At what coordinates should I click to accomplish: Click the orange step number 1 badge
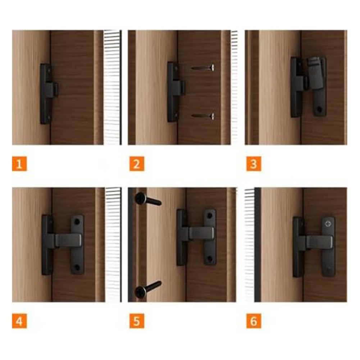click(19, 164)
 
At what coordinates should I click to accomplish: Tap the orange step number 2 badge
click(137, 164)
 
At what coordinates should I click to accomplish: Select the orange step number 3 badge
click(254, 164)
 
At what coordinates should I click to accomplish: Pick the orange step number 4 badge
click(19, 321)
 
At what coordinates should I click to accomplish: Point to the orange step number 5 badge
click(137, 321)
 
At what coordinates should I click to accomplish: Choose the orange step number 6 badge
click(254, 321)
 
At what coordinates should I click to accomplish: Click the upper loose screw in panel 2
click(203, 68)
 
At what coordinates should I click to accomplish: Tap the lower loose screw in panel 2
click(203, 116)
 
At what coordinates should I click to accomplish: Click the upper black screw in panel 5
click(148, 199)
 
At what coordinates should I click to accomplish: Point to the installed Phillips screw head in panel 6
click(328, 224)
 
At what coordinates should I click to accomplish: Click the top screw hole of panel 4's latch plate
click(77, 222)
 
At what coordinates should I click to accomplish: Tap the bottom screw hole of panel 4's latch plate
click(77, 267)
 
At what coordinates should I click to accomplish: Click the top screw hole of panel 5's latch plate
click(210, 215)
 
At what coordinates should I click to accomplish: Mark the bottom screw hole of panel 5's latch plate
click(210, 259)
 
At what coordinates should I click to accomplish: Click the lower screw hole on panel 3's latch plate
click(319, 109)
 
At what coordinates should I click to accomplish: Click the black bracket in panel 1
click(49, 94)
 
